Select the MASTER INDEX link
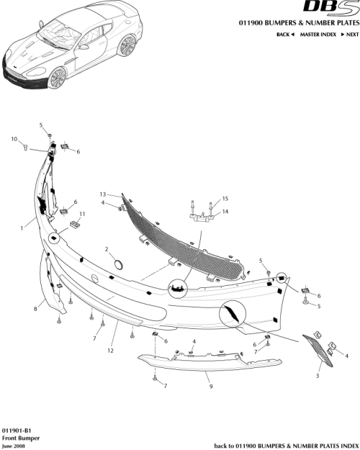click(318, 35)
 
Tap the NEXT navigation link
click(349, 35)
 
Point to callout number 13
click(103, 194)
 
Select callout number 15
click(225, 198)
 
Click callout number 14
click(225, 211)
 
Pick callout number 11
click(82, 214)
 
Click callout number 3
click(317, 376)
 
